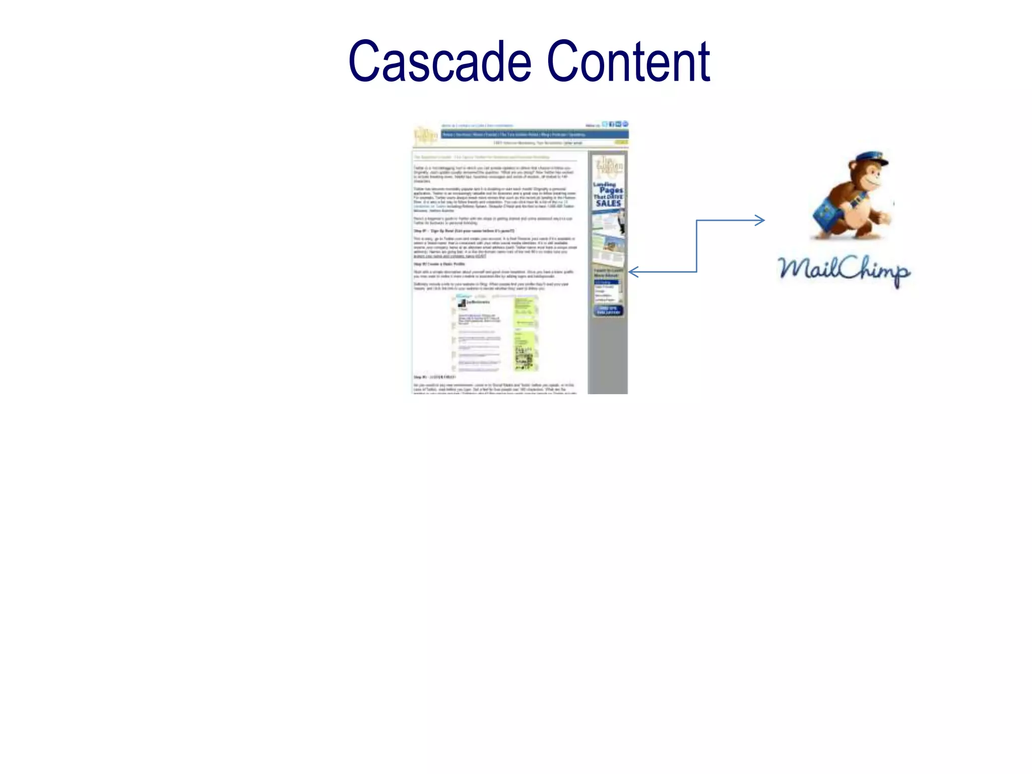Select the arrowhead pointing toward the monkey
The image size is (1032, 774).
760,220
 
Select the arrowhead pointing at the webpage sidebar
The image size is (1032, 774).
634,272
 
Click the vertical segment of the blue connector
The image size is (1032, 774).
696,246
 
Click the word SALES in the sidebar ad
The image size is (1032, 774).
608,204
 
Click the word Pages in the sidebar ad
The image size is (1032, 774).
611,190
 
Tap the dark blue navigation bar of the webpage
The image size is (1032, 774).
534,135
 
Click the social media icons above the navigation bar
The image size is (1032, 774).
615,124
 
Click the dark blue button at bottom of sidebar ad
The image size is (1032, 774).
608,310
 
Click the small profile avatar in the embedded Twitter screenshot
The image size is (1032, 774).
461,303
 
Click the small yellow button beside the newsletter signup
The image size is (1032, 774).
621,143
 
